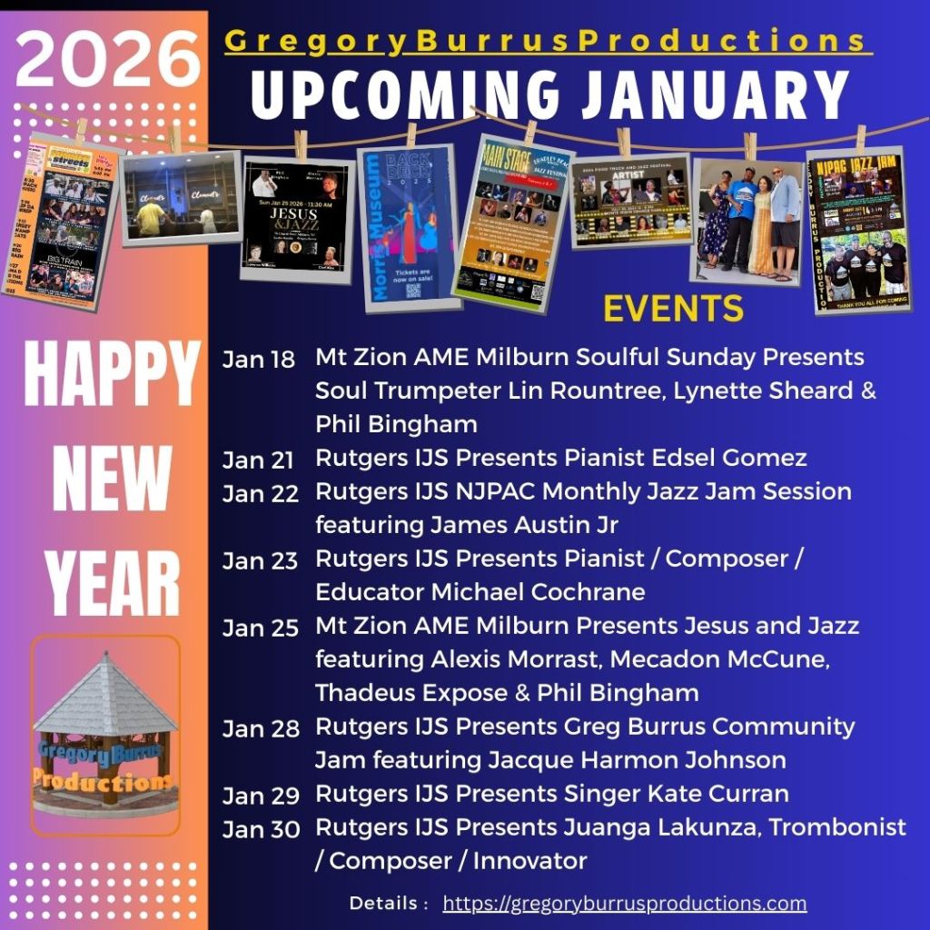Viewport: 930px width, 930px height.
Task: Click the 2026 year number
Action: (106, 58)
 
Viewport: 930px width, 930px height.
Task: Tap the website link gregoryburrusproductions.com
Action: (625, 904)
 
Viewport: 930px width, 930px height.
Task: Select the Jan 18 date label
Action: (259, 360)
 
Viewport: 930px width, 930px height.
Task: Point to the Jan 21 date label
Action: (259, 460)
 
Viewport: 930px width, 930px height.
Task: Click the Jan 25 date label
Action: (259, 628)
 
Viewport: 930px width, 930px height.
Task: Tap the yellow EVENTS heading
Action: (673, 309)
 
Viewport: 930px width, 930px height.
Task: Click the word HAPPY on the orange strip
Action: (111, 375)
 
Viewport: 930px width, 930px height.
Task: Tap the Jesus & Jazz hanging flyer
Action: (296, 218)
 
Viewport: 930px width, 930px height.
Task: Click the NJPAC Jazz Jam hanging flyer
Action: (859, 232)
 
